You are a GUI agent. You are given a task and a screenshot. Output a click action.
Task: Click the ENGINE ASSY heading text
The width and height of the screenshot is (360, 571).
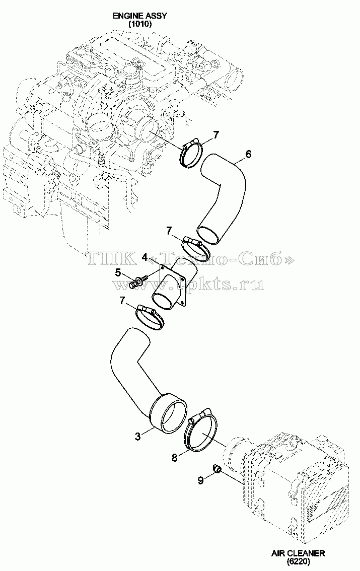pos(140,16)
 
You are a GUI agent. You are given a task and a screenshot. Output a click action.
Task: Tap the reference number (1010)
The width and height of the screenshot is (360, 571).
pos(140,24)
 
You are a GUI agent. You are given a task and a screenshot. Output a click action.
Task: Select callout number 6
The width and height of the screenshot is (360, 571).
pos(248,154)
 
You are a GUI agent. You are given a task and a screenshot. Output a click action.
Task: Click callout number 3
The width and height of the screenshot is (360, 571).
pos(137,436)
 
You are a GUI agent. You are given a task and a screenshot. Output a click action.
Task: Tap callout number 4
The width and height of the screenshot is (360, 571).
pos(145,257)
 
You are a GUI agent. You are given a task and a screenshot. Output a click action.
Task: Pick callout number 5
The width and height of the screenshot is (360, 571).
pos(118,272)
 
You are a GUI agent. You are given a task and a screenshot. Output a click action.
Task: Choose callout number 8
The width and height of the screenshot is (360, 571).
pos(174,458)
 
